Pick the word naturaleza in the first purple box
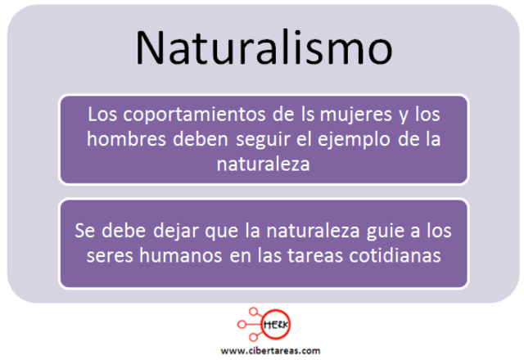pos(263,164)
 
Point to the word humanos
pos(176,256)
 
